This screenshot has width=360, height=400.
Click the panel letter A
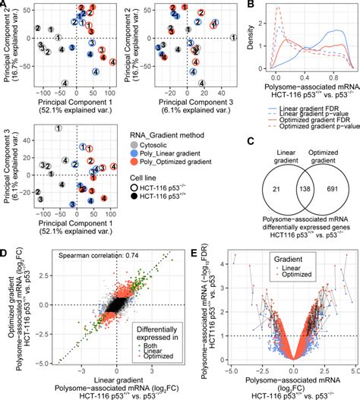tap(5, 5)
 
